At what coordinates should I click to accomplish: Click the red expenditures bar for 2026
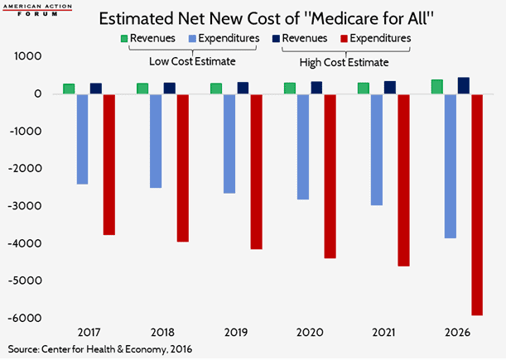tap(476, 204)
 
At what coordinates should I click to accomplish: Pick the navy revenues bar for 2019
tap(242, 88)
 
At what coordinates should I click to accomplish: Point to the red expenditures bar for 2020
tap(330, 176)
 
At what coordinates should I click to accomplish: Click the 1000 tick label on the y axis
tap(32, 56)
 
